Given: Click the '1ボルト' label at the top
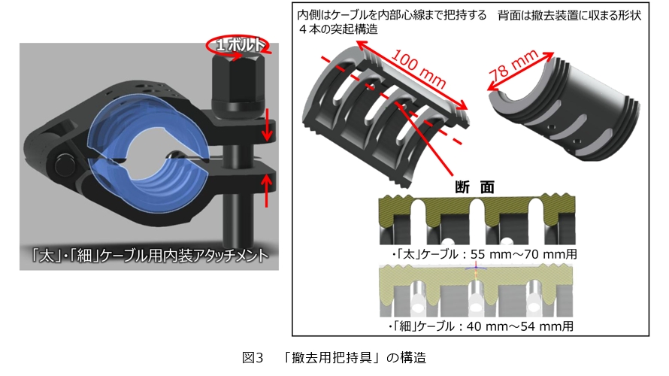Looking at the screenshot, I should tap(239, 45).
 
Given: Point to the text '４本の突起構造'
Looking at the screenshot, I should tap(338, 30).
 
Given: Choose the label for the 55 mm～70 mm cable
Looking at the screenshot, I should tap(483, 254).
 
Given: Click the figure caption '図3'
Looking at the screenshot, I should tap(253, 357).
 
